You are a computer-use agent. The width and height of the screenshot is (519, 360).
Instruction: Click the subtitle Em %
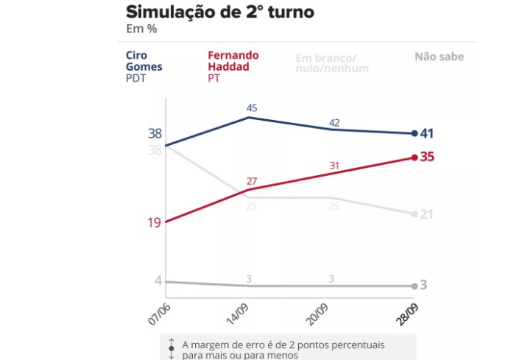141,29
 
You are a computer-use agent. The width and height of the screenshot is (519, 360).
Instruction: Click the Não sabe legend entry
439,56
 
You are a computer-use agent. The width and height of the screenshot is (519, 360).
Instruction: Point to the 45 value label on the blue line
251,108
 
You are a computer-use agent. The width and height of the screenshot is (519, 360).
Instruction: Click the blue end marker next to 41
414,133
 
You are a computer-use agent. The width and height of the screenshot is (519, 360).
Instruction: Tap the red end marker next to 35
414,157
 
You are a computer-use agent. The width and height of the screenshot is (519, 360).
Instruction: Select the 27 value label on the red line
251,181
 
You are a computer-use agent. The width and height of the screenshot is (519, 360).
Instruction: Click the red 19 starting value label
155,222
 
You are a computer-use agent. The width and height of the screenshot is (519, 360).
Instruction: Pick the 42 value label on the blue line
333,122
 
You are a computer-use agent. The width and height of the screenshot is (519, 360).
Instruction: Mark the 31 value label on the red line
333,166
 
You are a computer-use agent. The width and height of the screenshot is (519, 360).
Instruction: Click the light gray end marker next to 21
414,213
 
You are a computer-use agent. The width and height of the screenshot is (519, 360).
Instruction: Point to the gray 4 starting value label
158,280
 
